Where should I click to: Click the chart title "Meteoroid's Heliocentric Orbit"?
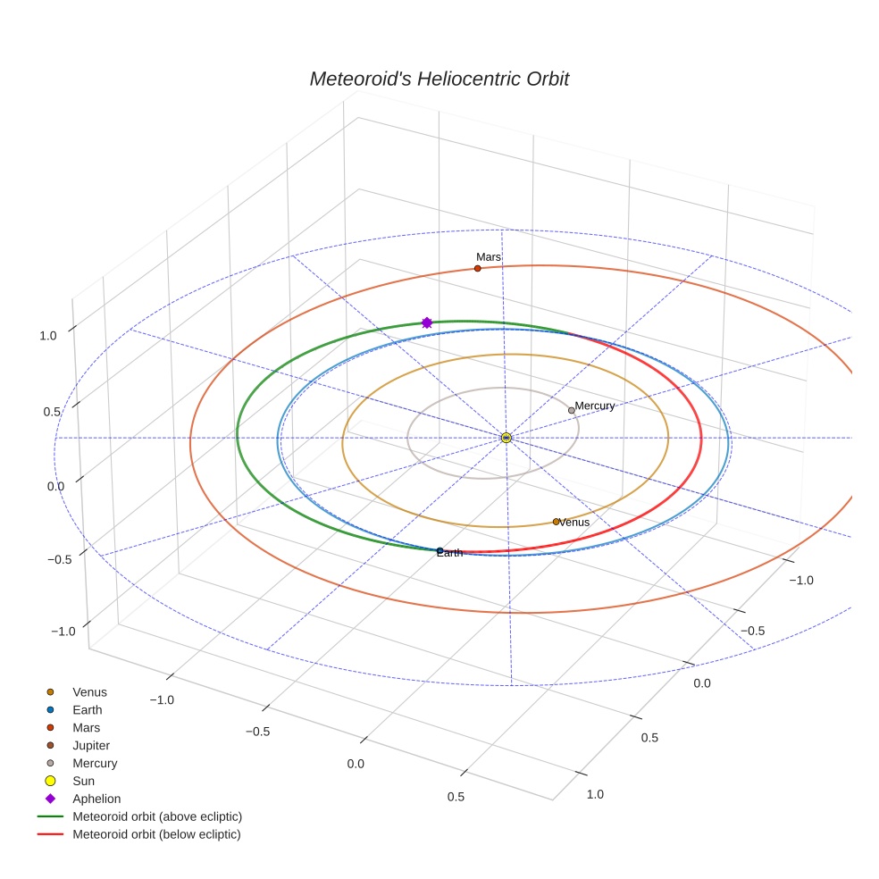click(439, 79)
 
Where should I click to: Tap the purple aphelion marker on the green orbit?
click(427, 322)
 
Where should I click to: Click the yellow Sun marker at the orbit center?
click(506, 438)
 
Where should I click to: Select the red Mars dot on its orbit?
click(478, 269)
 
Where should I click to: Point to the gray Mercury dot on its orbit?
click(571, 410)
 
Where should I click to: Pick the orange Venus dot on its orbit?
click(557, 522)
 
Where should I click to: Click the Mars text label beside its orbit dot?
click(489, 256)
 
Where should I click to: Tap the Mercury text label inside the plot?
click(595, 406)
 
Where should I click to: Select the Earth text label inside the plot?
click(449, 553)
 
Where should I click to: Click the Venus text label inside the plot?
click(574, 523)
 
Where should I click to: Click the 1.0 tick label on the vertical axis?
click(48, 336)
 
